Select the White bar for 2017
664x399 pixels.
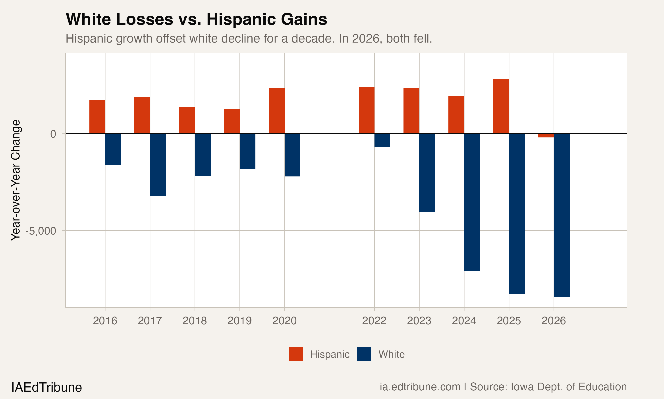(158, 164)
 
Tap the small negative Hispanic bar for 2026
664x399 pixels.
(546, 135)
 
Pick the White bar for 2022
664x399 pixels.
(382, 140)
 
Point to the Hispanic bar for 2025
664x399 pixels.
(501, 106)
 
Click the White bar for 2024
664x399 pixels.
(472, 202)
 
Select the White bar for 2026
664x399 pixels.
(562, 215)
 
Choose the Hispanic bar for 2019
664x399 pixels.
(232, 121)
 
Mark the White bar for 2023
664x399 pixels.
(427, 173)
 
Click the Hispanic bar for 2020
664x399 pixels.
(277, 111)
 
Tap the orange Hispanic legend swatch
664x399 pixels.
(295, 354)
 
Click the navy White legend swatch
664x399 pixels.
(364, 354)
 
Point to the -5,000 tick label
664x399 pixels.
(41, 231)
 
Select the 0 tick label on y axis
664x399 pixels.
(53, 134)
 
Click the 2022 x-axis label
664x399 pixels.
(374, 321)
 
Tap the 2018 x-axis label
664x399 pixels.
(195, 321)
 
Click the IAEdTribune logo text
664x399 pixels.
(46, 387)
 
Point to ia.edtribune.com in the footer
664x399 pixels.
(420, 387)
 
